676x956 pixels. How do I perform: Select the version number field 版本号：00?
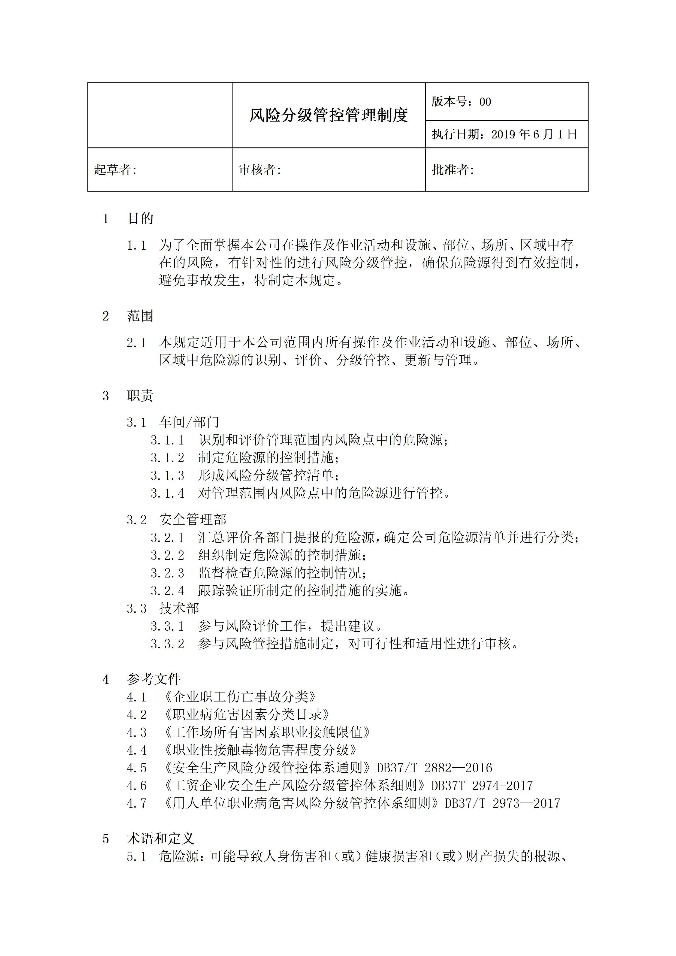[x=461, y=102]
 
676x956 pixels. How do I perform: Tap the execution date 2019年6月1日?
[x=534, y=134]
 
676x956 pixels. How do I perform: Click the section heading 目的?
[x=140, y=219]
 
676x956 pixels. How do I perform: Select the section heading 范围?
[x=140, y=316]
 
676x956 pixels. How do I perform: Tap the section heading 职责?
[x=140, y=395]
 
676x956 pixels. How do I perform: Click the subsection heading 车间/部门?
[x=189, y=422]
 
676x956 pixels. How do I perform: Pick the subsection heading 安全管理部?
[x=192, y=520]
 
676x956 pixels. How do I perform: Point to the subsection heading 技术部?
[x=179, y=608]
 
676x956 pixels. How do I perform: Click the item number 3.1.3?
[x=167, y=476]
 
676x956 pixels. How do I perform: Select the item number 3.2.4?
[x=167, y=591]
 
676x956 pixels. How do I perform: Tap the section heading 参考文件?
[x=154, y=679]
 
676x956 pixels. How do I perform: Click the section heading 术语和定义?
[x=160, y=839]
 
